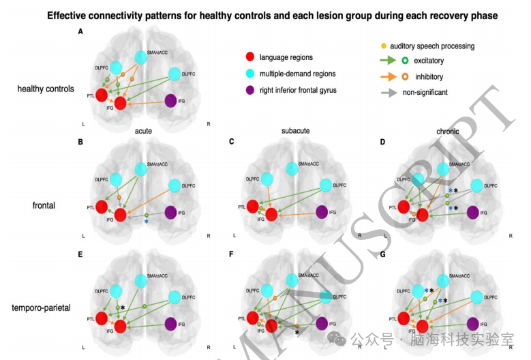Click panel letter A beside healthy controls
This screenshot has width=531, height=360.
click(x=80, y=31)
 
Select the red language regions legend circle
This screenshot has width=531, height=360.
click(x=250, y=57)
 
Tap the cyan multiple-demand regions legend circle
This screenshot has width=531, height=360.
click(x=250, y=74)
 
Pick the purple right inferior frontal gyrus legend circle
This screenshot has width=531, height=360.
click(x=250, y=90)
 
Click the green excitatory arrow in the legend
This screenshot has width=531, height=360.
click(x=386, y=60)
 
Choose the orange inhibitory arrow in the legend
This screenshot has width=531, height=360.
click(x=386, y=76)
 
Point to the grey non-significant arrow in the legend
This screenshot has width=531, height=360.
click(x=386, y=92)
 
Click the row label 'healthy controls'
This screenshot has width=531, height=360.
click(x=46, y=89)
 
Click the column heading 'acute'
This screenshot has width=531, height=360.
click(x=142, y=130)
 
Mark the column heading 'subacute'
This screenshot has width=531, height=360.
click(x=296, y=130)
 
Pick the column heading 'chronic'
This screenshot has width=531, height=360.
click(x=447, y=131)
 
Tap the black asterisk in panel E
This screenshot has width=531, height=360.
click(x=123, y=308)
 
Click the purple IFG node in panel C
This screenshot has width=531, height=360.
click(x=322, y=212)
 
